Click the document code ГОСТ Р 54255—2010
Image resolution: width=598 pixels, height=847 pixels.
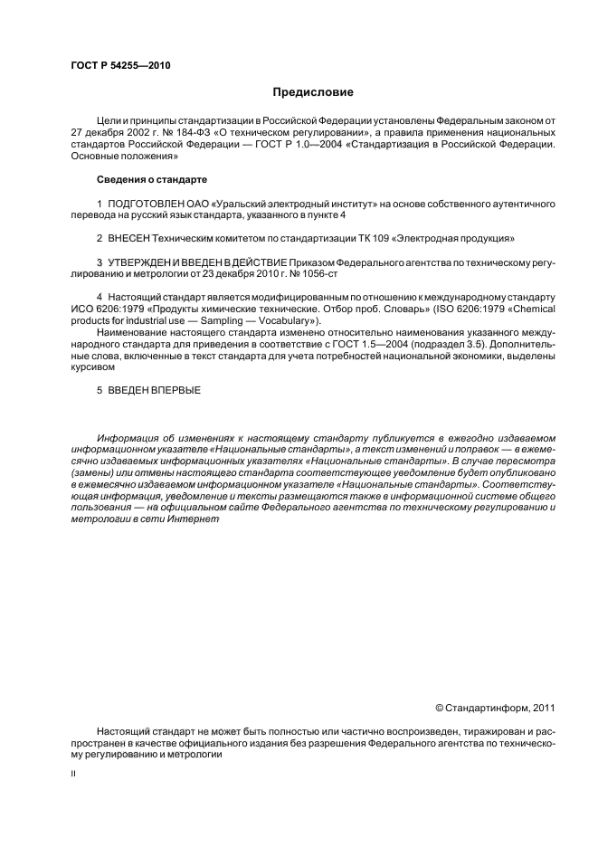120,65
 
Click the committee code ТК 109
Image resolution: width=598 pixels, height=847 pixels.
373,239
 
